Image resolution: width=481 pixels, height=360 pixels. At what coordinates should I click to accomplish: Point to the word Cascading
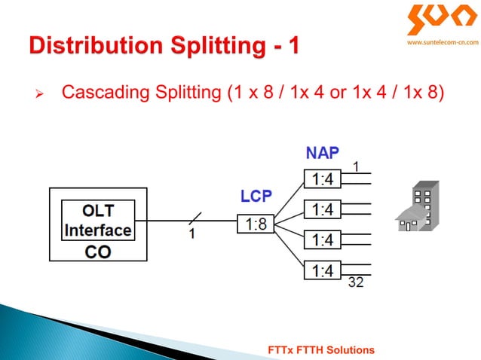coord(99,93)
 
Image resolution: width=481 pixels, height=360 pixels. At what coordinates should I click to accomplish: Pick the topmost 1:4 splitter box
coord(323,179)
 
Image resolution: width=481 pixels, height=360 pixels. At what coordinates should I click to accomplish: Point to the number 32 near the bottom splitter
coord(355,284)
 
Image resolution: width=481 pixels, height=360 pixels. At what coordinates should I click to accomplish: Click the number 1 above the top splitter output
coord(356,166)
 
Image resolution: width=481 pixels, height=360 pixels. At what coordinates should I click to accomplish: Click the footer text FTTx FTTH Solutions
coord(321,350)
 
